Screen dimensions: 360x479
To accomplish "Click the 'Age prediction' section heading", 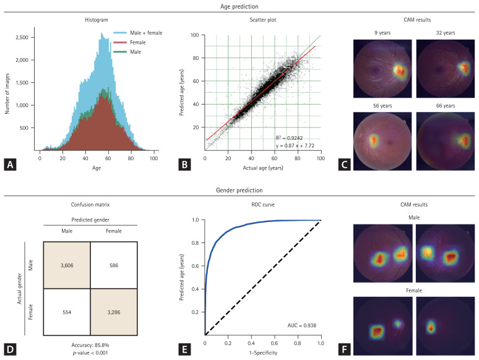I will [x=239, y=6].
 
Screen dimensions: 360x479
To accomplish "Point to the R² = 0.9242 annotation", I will [x=288, y=137].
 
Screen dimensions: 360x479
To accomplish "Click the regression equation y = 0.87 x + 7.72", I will [x=295, y=146].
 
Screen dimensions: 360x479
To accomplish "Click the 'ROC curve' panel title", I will [x=262, y=204].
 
